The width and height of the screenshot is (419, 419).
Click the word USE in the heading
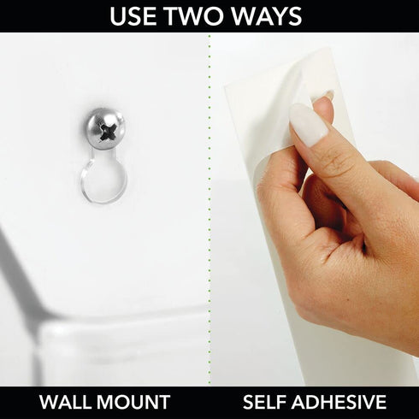click(x=133, y=16)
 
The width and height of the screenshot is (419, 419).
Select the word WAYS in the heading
click(x=266, y=16)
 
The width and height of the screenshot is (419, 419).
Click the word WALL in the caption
click(x=65, y=402)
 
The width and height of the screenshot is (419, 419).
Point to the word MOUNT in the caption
click(x=133, y=402)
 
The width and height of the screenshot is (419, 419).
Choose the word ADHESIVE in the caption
click(x=339, y=402)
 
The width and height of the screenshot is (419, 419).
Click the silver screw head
click(x=106, y=128)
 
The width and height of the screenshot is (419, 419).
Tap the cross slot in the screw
click(x=107, y=133)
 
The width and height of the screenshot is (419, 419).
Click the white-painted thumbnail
click(x=309, y=125)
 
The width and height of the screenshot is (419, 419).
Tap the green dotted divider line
click(x=209, y=209)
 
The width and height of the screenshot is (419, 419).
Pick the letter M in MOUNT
click(x=106, y=402)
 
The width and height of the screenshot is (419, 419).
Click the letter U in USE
click(x=118, y=16)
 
